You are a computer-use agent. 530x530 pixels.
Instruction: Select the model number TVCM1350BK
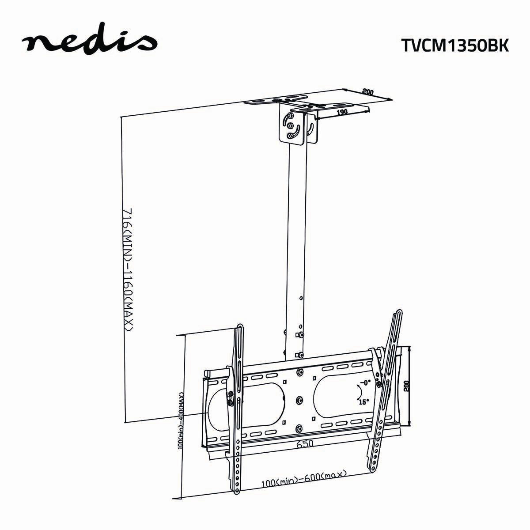(455, 45)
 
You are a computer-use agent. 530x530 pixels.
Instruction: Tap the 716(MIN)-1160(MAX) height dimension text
(128, 269)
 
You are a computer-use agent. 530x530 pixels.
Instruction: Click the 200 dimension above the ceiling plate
(367, 92)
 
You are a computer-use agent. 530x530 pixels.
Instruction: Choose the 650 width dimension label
(305, 443)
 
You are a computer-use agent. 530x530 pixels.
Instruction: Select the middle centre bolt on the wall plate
(300, 400)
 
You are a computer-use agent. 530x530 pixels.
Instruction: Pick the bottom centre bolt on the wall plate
(300, 428)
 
